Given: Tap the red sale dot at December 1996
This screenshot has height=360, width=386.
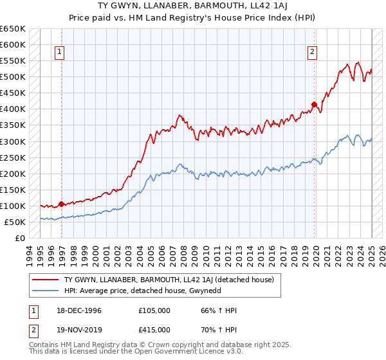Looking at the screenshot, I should (62, 204).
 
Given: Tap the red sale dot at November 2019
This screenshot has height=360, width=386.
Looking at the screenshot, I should (314, 104).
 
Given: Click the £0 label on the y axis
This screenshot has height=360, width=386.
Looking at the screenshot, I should (21, 238).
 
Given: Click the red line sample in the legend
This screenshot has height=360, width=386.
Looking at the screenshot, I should (46, 280).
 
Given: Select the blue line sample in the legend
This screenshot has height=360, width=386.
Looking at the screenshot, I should (46, 291).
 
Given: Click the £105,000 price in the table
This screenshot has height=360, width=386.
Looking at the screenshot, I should (154, 310).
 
